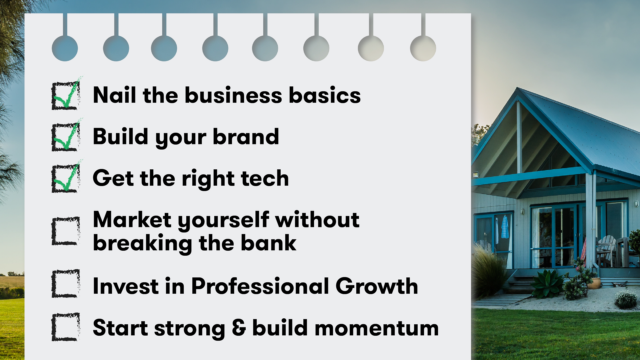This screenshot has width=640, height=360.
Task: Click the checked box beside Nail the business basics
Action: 66,95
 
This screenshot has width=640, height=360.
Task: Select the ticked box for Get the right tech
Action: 66,178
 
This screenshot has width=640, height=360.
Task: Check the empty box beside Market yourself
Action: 66,231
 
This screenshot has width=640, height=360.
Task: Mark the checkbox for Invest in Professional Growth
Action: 66,283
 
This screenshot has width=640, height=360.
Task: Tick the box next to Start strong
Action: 66,327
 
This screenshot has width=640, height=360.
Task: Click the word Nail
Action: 114,95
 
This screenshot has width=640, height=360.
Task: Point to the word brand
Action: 246,137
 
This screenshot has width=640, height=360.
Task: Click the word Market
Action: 132,220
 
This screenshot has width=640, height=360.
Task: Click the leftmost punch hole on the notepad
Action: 65,48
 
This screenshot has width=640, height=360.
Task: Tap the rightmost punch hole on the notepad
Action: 423,48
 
